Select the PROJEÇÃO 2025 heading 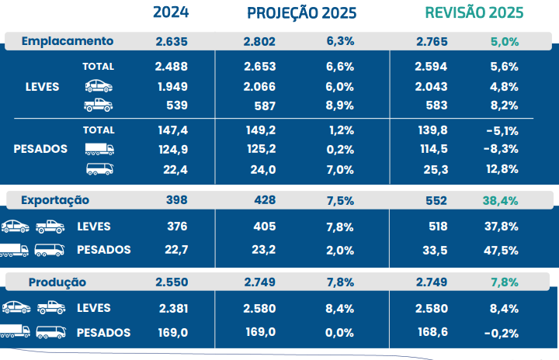301,12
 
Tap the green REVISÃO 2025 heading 474,12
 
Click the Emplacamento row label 68,41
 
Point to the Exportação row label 55,200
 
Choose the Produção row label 57,282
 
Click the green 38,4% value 500,200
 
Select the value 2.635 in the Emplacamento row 171,41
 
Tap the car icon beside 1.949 99,85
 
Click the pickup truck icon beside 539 99,105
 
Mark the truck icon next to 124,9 99,149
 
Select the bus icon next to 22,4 99,168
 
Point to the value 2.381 172,309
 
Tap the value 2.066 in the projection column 259,86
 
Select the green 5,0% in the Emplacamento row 503,41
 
